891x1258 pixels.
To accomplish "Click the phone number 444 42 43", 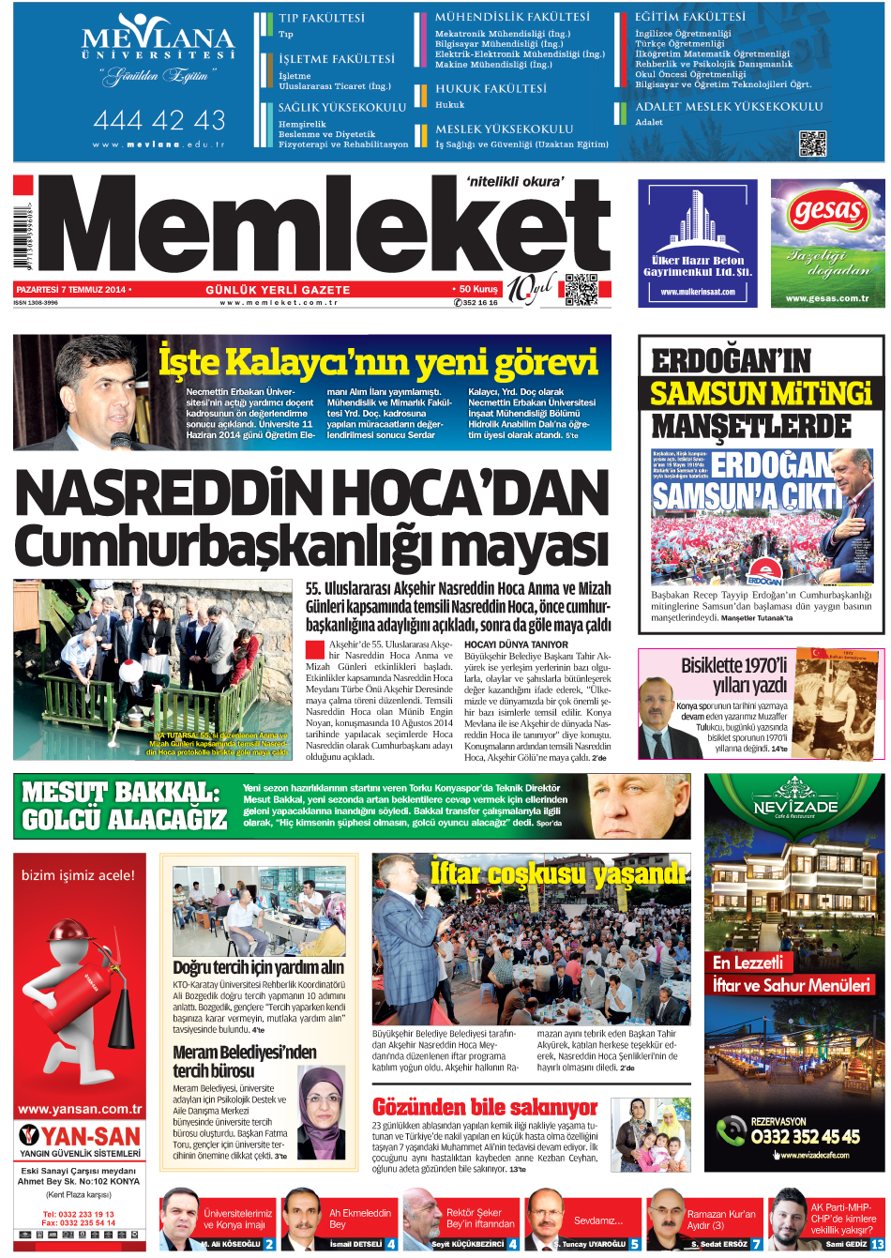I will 159,120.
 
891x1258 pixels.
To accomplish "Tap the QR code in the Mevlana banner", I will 812,144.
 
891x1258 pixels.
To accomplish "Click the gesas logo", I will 827,213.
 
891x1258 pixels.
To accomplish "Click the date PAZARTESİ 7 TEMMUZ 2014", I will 71,290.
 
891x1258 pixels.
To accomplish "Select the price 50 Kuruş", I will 477,290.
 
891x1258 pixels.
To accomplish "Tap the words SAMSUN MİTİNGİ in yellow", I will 761,393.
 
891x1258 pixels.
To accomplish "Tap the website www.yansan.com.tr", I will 80,1109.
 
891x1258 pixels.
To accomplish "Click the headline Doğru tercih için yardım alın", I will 258,967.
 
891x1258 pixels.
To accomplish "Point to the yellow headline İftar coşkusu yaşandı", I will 558,873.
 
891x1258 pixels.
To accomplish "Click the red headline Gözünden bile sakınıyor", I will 485,1107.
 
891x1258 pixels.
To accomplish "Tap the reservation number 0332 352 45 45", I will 805,1136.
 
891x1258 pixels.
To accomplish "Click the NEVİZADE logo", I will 795,806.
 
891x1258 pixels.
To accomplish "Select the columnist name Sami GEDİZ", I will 846,1244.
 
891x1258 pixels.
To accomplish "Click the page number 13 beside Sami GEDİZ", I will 877,1244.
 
